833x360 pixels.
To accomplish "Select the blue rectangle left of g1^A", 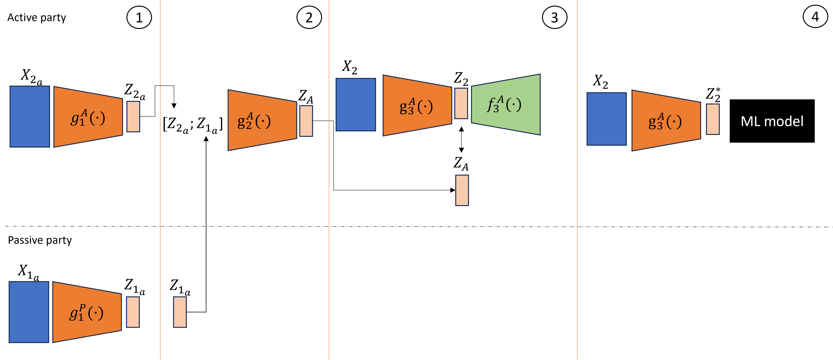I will tap(30, 116).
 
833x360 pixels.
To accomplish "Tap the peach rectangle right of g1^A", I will tap(133, 116).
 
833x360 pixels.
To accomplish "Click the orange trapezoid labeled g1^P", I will tap(87, 312).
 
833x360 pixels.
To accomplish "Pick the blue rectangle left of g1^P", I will tap(29, 312).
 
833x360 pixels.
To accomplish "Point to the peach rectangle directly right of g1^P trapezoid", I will tap(133, 312).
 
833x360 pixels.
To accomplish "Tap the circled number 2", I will tap(309, 18).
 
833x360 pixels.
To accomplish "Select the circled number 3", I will tap(554, 18).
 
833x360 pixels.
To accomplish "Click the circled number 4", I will tap(815, 17).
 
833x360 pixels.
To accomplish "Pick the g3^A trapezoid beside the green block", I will tap(417, 105).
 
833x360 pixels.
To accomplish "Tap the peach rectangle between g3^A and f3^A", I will tap(461, 103).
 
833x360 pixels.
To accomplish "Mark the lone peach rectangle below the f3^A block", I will tap(462, 190).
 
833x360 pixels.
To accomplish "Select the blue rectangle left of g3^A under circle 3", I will tap(356, 104).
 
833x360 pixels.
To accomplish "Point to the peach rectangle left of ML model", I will tap(713, 119).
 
